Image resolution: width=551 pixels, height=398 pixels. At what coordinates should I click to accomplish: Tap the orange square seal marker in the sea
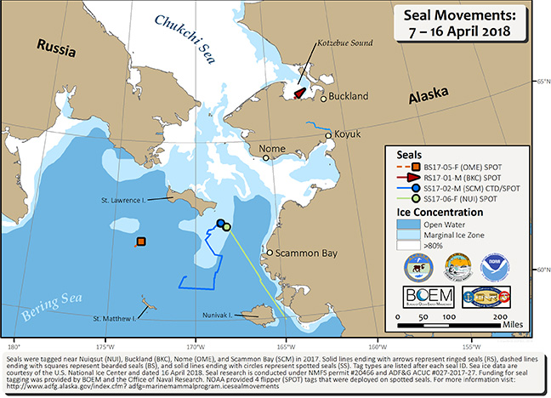[141, 242]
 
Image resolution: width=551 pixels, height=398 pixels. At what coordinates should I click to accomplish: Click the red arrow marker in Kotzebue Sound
[300, 92]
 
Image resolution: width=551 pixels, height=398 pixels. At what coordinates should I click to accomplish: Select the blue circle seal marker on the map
[220, 224]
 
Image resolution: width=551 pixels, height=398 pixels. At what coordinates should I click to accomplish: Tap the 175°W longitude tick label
[106, 346]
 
